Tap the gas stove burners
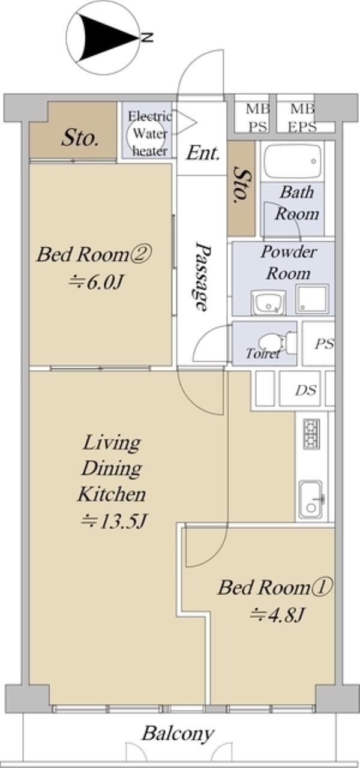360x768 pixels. [311, 434]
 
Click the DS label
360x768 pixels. [306, 390]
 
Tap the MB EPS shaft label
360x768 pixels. [302, 119]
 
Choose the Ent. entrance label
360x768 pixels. [203, 153]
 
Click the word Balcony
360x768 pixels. [178, 734]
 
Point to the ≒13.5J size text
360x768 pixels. [113, 521]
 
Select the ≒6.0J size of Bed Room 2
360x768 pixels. [96, 283]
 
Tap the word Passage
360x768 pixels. [201, 277]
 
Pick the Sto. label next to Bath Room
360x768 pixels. [241, 185]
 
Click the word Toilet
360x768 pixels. [263, 353]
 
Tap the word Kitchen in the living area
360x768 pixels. [112, 494]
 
